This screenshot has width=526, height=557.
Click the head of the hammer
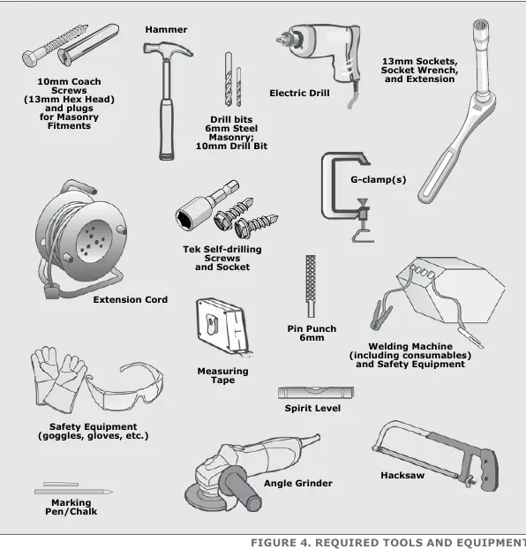[x=168, y=50]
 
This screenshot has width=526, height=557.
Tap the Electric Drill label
[x=299, y=93]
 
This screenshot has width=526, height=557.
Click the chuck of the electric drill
[x=287, y=37]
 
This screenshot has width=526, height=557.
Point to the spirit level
[x=316, y=393]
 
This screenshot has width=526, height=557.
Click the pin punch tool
[x=311, y=286]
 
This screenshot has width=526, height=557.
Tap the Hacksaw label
[x=402, y=475]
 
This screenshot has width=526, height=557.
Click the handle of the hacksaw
[x=489, y=470]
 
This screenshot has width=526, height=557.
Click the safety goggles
[x=124, y=388]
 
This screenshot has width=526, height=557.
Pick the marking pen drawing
[x=73, y=492]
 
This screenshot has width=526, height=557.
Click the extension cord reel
[x=82, y=240]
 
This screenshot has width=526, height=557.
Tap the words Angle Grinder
[x=298, y=483]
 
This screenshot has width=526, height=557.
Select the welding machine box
[x=451, y=290]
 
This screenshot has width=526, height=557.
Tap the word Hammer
[x=166, y=29]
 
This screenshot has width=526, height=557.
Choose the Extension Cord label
[x=131, y=299]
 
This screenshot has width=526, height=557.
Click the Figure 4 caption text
[x=388, y=543]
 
